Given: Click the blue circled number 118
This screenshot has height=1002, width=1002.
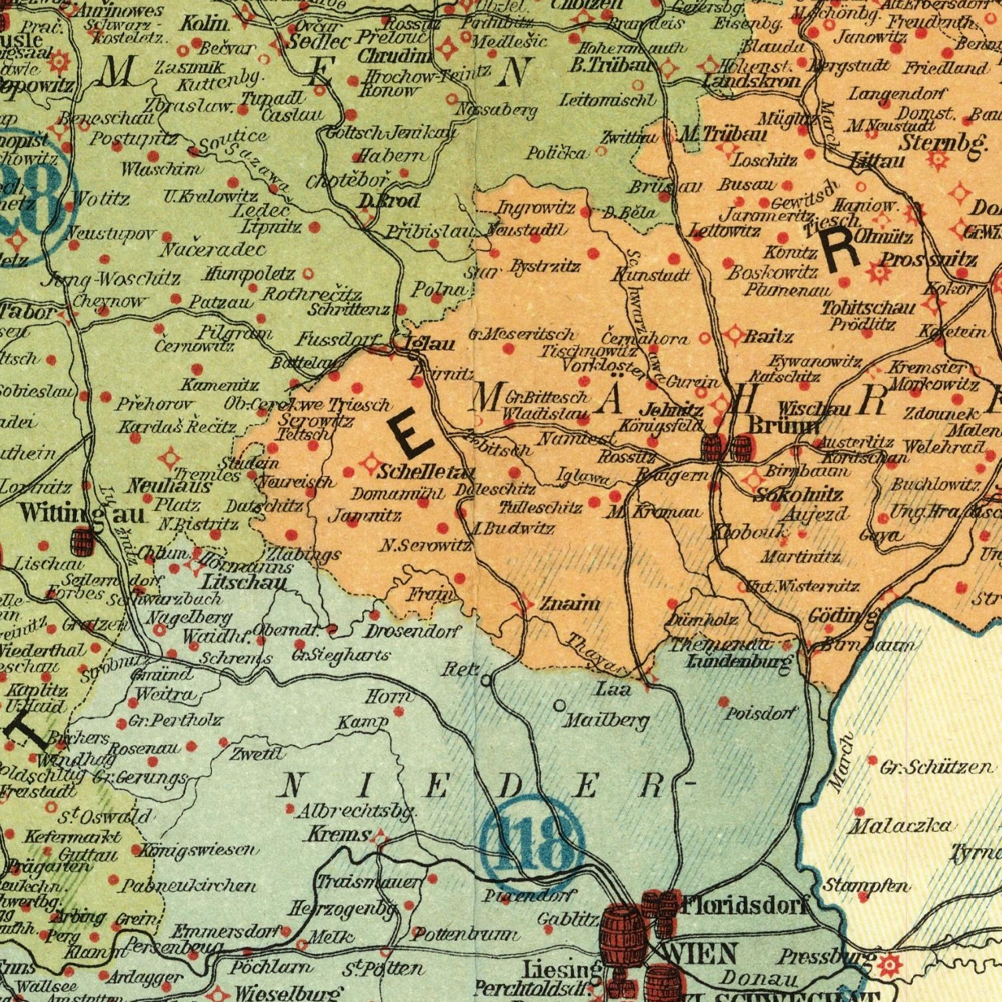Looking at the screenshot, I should [532, 843].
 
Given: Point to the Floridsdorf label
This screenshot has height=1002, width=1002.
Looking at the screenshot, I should [745, 906].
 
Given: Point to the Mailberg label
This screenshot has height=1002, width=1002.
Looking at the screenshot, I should [606, 721].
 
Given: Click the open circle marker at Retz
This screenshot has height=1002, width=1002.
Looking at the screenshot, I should [486, 681].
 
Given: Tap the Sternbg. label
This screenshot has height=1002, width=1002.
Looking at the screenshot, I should [942, 142].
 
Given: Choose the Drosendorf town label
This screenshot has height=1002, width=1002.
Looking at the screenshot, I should [413, 631].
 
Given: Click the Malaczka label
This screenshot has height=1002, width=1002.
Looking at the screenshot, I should [899, 827].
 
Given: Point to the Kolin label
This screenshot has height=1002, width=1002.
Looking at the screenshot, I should [204, 23].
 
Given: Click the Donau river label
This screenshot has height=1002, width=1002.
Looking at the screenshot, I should [759, 979].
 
